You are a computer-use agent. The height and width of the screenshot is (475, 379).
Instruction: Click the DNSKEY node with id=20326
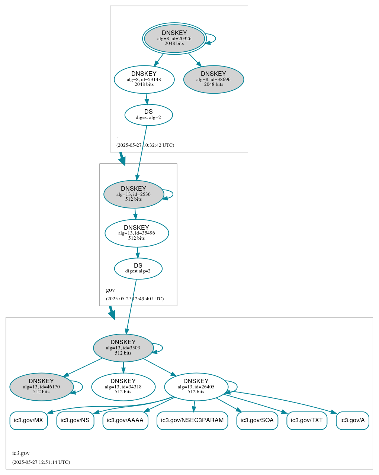(174, 38)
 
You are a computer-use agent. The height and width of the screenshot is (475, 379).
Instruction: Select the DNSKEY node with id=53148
(144, 79)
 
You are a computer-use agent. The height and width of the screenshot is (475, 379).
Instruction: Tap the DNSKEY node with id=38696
(213, 79)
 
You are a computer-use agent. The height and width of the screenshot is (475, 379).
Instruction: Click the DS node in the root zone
(148, 115)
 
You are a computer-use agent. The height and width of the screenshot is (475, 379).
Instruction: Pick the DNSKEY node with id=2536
(134, 194)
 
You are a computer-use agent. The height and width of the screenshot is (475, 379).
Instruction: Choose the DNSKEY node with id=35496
(136, 233)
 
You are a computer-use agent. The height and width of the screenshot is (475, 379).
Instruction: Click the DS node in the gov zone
(138, 268)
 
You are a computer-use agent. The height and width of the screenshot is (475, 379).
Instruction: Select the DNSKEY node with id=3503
(123, 348)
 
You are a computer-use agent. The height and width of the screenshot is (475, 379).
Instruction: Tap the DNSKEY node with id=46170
(41, 387)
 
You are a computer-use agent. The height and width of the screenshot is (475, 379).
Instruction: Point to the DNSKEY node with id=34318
(123, 387)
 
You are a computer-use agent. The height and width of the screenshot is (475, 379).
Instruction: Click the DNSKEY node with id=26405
(196, 387)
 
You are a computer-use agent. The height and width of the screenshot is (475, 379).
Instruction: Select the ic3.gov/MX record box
(29, 420)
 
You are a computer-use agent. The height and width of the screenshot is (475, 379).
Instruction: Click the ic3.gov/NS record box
(75, 420)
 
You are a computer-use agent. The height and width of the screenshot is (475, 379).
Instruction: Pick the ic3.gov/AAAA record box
(125, 420)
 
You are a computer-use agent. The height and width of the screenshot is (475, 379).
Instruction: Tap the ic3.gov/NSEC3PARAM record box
(192, 420)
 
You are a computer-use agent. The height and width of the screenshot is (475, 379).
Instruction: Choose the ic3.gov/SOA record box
(257, 420)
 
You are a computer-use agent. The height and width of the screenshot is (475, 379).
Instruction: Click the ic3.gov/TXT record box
(307, 420)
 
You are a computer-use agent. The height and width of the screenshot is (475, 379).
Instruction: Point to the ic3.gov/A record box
(352, 420)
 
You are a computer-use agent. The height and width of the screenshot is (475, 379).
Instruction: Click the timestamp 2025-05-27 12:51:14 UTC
(41, 462)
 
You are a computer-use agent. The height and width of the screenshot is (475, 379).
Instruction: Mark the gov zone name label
(110, 290)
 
